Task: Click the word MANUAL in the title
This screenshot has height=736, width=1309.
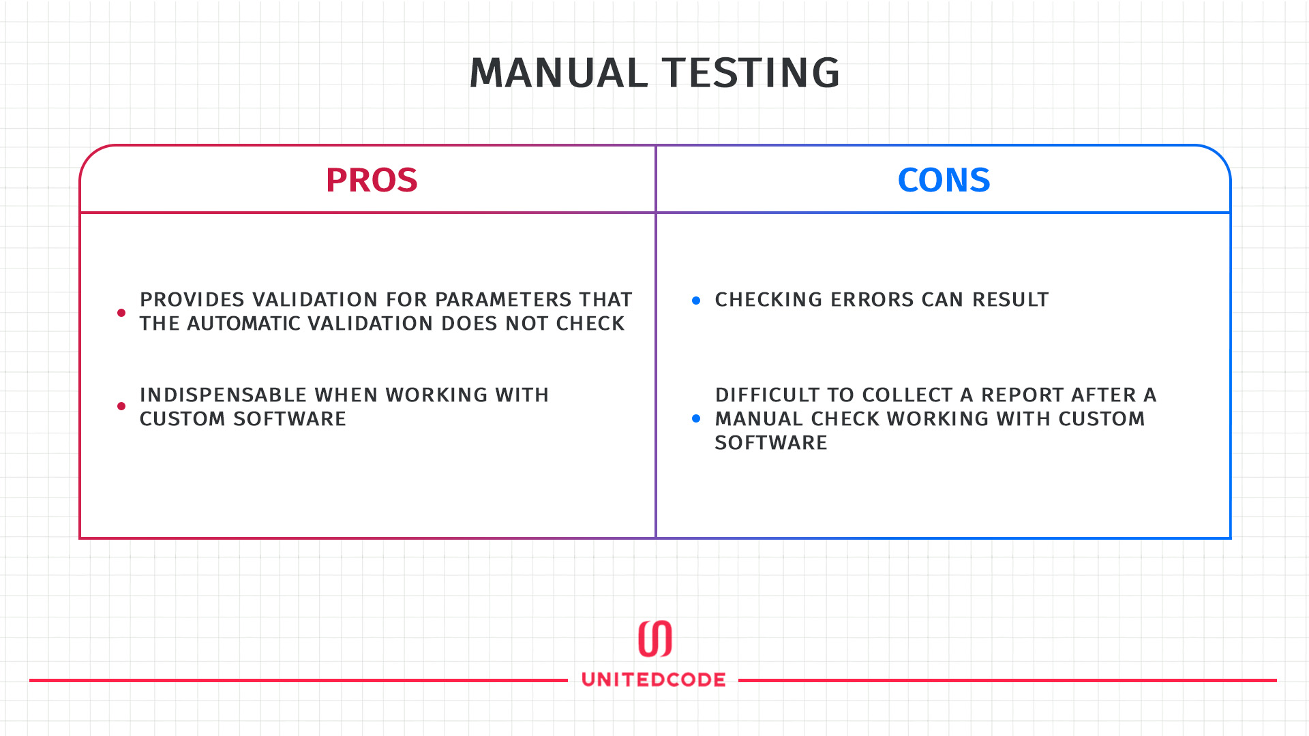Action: (558, 73)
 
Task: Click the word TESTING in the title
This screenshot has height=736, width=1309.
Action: (751, 73)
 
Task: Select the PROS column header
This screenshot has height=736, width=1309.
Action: (372, 181)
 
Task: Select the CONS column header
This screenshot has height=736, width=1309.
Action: (944, 181)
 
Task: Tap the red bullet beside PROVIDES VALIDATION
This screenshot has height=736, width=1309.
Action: (121, 313)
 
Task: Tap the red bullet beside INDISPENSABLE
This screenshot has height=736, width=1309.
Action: (121, 406)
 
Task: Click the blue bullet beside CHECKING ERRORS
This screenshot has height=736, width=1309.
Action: (696, 301)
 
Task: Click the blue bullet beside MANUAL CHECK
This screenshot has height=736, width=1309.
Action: (696, 418)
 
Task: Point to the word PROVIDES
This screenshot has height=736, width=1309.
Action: (192, 300)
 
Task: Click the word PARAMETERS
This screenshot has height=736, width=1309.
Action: (504, 300)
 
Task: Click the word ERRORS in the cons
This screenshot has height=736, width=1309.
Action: (873, 300)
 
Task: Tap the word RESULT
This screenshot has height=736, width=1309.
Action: (1010, 300)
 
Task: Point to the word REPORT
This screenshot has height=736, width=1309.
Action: (1023, 395)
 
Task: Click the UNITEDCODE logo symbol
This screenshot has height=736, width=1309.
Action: (654, 639)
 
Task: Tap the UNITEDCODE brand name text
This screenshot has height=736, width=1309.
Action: (654, 679)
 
